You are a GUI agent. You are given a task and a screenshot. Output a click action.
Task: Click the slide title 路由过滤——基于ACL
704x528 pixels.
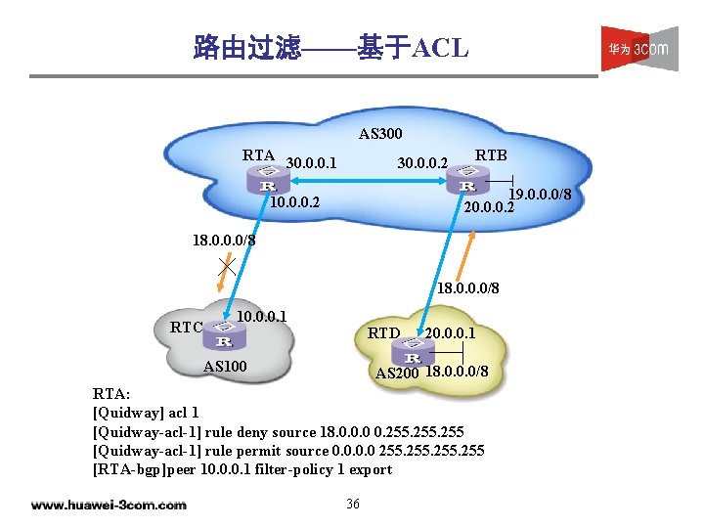pos(331,47)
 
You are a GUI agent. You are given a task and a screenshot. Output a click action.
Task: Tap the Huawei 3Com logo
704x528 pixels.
pos(639,48)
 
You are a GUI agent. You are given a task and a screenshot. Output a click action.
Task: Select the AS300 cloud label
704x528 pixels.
pos(379,133)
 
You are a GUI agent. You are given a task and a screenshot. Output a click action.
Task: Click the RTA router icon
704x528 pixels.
pos(267,182)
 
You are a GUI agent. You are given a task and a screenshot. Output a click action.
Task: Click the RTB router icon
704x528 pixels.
pos(467,182)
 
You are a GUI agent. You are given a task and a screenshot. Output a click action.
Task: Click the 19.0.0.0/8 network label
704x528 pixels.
pos(539,194)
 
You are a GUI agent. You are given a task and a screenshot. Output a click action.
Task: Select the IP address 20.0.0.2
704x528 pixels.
pos(488,207)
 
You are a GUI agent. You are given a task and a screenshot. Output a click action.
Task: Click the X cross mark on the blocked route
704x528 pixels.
pos(226,265)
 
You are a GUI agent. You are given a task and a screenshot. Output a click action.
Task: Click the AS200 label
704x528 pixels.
pos(397,374)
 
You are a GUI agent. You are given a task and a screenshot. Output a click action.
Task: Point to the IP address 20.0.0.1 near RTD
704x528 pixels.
pos(451,333)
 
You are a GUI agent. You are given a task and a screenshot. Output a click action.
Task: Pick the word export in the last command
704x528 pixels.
pos(371,468)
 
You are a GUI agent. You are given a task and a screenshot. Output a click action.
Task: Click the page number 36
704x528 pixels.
pos(353,504)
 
